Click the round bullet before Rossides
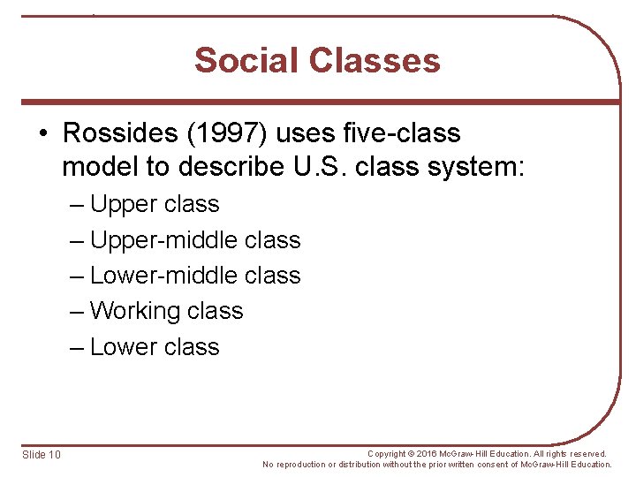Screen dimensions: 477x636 tap(44, 134)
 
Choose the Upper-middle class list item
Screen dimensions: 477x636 tap(195, 240)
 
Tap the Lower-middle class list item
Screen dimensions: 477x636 tap(195, 276)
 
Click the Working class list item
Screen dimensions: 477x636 tap(166, 311)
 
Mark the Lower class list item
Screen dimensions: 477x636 tap(155, 347)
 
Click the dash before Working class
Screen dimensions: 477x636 tap(78, 312)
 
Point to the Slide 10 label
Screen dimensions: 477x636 tap(42, 454)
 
